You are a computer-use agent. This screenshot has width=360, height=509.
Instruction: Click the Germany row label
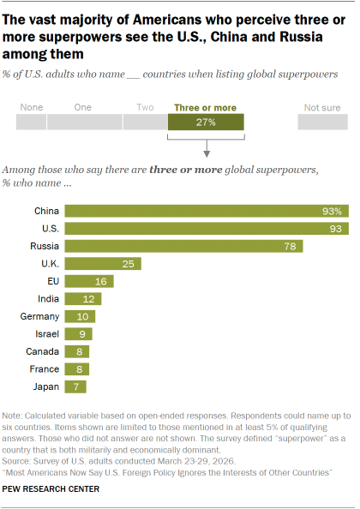click(39, 316)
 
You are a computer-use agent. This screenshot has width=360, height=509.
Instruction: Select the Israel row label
click(46, 334)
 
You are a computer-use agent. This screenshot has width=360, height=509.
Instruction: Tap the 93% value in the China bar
click(334, 211)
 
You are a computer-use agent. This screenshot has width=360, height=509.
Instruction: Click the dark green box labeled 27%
click(206, 122)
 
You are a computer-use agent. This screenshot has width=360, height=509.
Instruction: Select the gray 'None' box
click(30, 122)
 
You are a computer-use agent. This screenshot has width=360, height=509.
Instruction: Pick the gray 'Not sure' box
click(321, 122)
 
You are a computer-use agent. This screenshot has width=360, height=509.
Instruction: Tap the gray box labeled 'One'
click(84, 122)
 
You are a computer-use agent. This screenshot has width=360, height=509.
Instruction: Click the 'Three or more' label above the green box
click(206, 106)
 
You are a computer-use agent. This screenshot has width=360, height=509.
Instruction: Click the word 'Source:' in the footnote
click(19, 455)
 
